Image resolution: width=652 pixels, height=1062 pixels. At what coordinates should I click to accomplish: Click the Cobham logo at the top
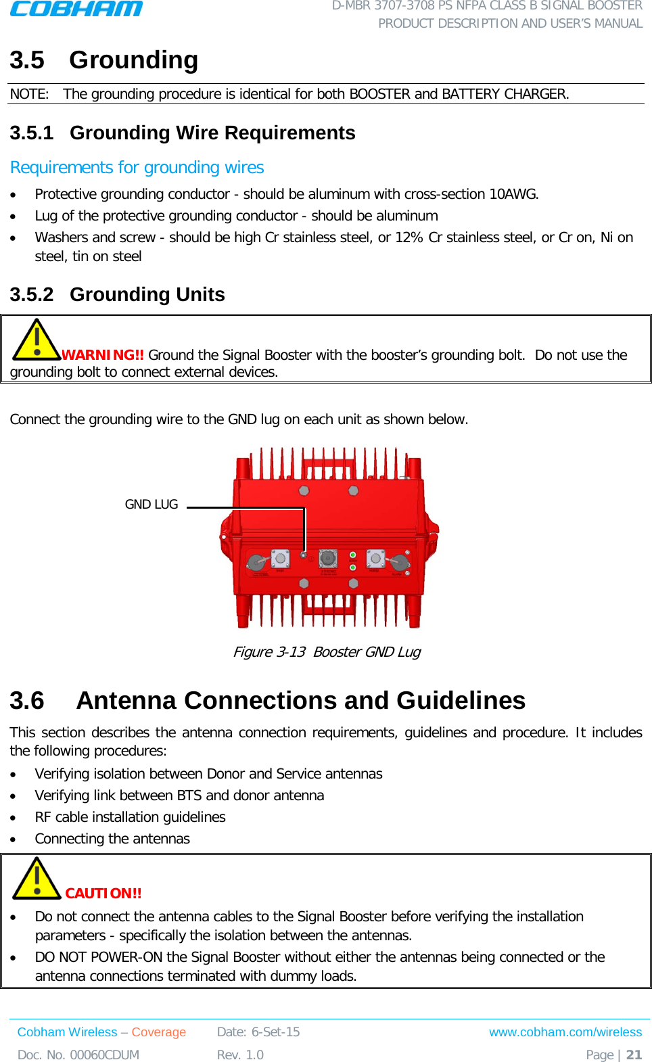(76, 9)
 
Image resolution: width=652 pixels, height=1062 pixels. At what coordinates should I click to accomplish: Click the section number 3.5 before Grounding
(27, 60)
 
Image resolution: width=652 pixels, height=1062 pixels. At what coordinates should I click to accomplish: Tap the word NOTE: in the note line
(29, 94)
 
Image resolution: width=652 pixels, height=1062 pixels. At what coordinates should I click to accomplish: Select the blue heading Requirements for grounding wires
(137, 167)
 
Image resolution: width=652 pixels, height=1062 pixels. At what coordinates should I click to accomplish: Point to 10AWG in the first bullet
(513, 194)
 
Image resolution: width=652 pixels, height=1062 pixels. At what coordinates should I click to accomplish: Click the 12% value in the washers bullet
(409, 237)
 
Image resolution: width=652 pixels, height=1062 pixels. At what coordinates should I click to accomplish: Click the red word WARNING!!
(103, 355)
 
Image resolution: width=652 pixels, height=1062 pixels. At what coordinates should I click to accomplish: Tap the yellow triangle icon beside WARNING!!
(37, 340)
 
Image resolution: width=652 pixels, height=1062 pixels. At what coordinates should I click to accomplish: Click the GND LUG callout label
(152, 505)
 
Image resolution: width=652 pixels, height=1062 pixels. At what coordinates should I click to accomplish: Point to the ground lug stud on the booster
(304, 555)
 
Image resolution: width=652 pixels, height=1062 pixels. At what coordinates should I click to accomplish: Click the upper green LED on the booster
(352, 555)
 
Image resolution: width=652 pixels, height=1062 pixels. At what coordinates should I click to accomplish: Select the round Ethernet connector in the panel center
(328, 559)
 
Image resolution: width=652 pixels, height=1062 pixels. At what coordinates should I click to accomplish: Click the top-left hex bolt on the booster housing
(304, 490)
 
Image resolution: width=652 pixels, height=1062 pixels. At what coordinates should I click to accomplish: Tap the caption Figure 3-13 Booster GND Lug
(326, 652)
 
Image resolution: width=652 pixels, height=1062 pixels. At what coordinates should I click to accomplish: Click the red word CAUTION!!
(103, 894)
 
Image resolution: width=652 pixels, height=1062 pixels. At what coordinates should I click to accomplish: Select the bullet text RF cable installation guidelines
(130, 817)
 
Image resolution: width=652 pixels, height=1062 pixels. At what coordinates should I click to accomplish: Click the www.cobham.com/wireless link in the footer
(565, 1032)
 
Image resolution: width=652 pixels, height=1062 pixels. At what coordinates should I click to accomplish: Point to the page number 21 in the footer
(634, 1055)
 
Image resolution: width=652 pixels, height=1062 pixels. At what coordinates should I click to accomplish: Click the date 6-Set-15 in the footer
(275, 1032)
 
